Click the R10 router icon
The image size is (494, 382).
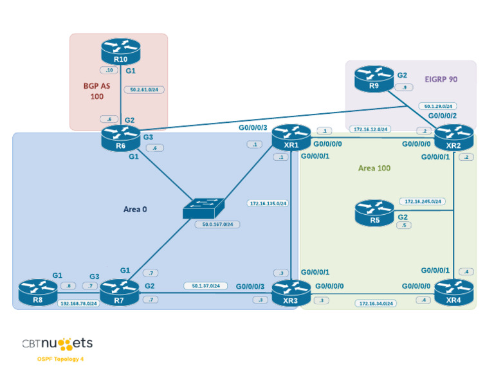click(120, 51)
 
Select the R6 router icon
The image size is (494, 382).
click(120, 138)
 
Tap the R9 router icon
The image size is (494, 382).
click(374, 78)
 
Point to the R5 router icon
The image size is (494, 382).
click(374, 213)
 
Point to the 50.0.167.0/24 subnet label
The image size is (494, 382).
click(217, 224)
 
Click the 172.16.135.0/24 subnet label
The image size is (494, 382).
click(268, 203)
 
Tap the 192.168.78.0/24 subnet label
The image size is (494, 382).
click(78, 303)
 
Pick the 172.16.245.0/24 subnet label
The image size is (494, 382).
click(421, 201)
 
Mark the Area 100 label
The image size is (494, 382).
click(374, 168)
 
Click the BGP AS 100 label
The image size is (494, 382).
click(97, 91)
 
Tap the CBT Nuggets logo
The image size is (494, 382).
click(57, 343)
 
